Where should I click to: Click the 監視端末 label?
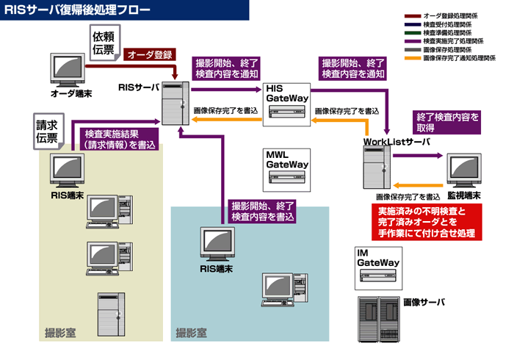coord(465,196)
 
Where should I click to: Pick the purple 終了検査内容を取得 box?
coord(448,123)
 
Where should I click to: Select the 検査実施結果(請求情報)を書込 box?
coord(120,140)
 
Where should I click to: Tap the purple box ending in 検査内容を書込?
coord(262,212)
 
